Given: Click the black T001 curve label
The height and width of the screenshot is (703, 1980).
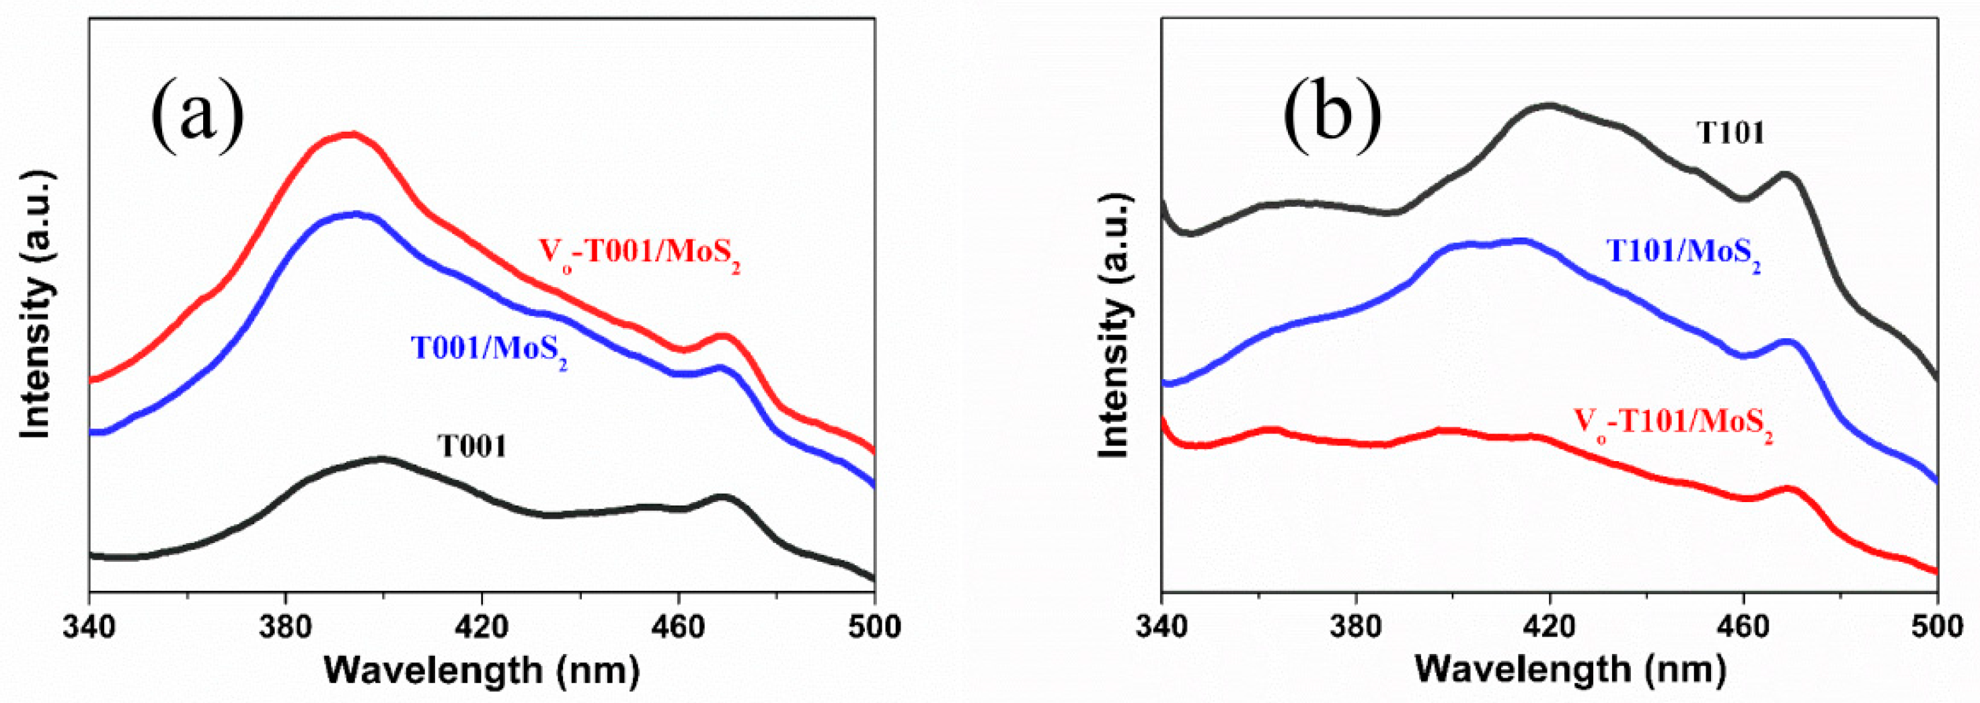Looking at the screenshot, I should click(x=472, y=446).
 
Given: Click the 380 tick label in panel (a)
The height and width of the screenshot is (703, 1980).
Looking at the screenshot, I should click(x=285, y=628).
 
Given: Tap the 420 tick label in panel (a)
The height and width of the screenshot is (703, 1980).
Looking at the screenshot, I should click(x=482, y=628).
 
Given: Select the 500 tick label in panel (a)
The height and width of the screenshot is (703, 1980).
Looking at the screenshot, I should click(x=873, y=628).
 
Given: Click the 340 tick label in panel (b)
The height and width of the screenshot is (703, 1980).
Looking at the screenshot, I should click(x=1162, y=628).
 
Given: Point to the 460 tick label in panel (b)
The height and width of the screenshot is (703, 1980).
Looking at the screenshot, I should click(x=1744, y=628).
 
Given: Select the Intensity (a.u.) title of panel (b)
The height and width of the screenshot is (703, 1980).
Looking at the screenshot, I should click(x=1114, y=327).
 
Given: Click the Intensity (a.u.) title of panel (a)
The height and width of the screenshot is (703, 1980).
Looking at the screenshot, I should click(x=36, y=307).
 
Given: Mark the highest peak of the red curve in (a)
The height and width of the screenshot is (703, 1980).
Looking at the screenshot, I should click(x=350, y=135).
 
